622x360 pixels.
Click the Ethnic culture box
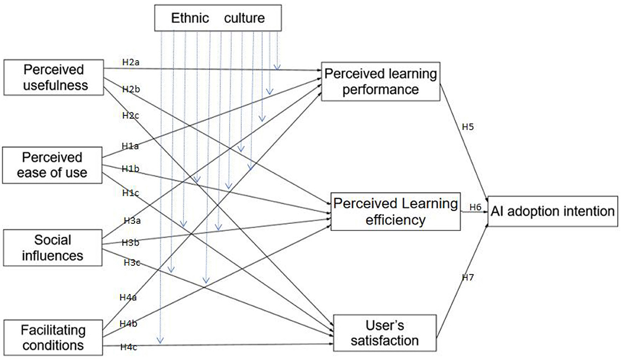[217, 18]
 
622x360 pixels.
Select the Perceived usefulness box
[53, 77]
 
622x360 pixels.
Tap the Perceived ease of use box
[53, 165]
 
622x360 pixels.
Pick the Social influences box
[53, 247]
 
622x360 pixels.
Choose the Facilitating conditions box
[53, 337]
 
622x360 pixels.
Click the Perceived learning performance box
[380, 81]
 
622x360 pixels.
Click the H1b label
[131, 169]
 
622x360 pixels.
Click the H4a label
[128, 298]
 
